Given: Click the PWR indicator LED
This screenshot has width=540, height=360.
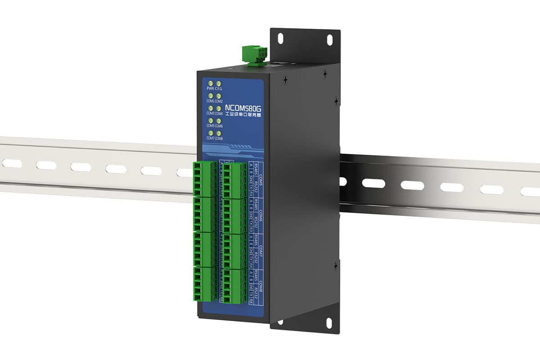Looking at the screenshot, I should point(210,84).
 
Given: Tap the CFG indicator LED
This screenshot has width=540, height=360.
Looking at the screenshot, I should point(219,84).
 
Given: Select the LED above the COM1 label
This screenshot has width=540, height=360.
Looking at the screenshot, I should point(210,96).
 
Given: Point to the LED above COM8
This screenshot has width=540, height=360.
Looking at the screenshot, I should point(219,133).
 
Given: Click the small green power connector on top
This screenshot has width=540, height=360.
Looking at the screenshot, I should point(253,55).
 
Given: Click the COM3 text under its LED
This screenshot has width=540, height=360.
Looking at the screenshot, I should point(210,114).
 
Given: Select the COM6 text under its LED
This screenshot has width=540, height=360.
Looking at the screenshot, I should point(219,126).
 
